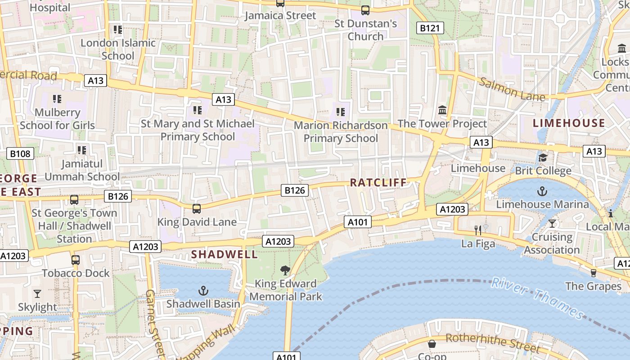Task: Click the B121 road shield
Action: pos(429,28)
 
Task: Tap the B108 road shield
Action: pos(20,154)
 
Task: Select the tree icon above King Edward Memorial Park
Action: pos(285,270)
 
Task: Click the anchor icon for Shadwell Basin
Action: pos(203,290)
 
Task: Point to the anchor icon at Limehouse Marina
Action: pos(542,191)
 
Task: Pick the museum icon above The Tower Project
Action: pos(442,110)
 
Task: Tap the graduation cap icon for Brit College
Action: pos(543,157)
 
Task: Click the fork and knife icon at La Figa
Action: pos(478,230)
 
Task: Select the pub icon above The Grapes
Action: pos(593,273)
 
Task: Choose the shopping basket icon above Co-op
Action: pos(432,344)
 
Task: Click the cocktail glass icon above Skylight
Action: pos(37,294)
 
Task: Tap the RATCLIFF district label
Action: pos(378,183)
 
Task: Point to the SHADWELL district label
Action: pos(225,254)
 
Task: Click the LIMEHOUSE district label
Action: pos(569,123)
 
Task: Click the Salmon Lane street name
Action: pos(512,89)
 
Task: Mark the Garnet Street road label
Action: pos(154,322)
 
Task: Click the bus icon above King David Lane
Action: pos(197,208)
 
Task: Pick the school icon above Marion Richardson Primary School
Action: pos(341,111)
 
